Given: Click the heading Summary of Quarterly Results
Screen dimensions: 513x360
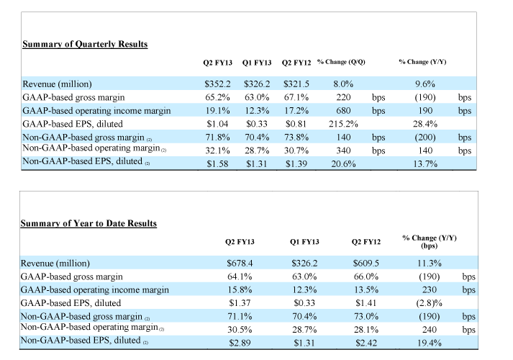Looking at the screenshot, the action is click(85, 44).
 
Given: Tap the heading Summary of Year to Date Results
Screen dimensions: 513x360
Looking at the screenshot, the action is click(88, 223).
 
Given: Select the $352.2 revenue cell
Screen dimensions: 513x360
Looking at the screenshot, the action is click(217, 84).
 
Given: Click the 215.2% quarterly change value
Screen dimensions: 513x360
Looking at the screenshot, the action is click(343, 124).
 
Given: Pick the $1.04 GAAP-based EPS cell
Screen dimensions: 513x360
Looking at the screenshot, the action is click(217, 124).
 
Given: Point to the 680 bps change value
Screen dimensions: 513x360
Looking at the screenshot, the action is click(343, 111).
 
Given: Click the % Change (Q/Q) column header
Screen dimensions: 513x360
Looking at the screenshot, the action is click(341, 62).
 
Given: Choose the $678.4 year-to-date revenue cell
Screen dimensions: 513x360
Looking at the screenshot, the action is click(240, 264).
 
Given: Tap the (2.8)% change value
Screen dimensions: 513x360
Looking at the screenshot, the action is click(430, 303).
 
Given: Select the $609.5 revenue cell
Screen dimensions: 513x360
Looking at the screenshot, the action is click(366, 264).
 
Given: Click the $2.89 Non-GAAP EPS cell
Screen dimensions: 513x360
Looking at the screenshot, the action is click(240, 343).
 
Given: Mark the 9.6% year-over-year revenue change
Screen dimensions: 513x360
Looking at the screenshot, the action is click(425, 84).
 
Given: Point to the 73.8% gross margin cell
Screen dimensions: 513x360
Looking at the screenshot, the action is click(296, 138).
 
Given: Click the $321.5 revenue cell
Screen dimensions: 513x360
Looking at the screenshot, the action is click(296, 84).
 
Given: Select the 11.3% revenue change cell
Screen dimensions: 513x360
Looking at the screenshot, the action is click(430, 264).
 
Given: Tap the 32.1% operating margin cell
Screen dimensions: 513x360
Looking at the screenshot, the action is click(217, 150).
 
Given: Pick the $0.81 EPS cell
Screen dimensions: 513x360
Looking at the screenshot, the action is click(296, 124).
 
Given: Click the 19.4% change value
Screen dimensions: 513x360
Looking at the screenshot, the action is click(430, 343).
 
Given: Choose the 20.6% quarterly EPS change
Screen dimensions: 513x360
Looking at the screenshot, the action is click(343, 164).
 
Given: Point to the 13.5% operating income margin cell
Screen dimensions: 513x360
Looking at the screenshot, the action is click(366, 290).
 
